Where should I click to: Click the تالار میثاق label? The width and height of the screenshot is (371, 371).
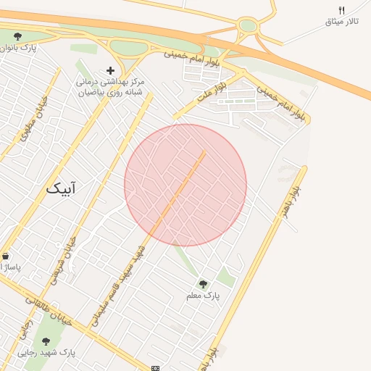(341, 22)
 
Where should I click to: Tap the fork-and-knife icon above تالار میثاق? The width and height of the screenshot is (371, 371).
(341, 9)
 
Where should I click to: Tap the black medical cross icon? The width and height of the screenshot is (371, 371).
(110, 70)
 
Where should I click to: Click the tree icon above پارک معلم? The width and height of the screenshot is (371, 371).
(202, 283)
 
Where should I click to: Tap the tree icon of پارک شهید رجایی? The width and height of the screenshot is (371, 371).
(46, 341)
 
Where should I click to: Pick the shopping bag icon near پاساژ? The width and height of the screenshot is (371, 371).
(6, 256)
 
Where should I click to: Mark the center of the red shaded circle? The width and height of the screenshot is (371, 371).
(185, 185)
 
